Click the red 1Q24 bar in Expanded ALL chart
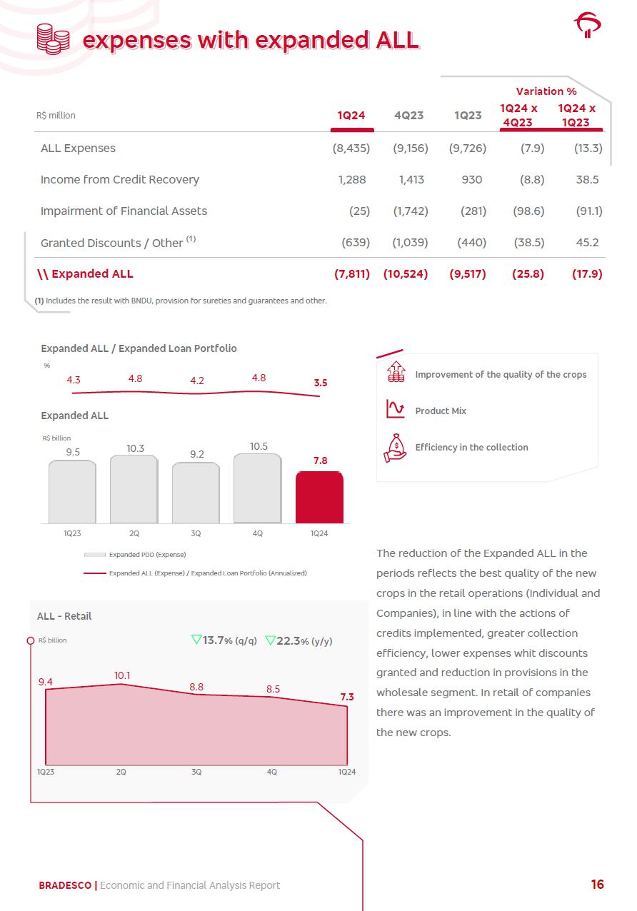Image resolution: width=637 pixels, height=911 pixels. point(319,498)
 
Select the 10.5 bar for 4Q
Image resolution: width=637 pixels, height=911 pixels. point(257,489)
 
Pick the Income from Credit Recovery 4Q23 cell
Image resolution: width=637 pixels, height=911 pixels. point(411,180)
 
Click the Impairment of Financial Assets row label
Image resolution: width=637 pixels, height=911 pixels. point(124,211)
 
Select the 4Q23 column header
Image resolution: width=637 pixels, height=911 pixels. point(408,116)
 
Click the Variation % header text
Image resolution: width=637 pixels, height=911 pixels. point(546,91)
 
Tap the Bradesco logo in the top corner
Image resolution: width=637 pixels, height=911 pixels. point(588,26)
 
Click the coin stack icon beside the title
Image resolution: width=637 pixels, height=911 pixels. point(53,39)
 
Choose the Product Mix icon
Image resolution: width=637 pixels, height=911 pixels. point(395,409)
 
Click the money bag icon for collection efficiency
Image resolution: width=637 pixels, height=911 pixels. point(395,448)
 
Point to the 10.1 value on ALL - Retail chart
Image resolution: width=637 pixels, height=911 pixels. point(122,675)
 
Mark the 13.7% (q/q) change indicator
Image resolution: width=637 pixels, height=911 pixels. point(224,640)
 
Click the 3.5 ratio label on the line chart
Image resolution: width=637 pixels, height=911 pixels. point(321,383)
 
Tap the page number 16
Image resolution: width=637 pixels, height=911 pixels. point(597,885)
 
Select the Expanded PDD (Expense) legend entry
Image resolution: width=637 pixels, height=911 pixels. point(136,555)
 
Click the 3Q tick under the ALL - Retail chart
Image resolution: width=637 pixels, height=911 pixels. point(196,772)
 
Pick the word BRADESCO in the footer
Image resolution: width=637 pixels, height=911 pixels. point(65,885)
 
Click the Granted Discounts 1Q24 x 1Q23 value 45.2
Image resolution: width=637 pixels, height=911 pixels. point(587,243)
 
